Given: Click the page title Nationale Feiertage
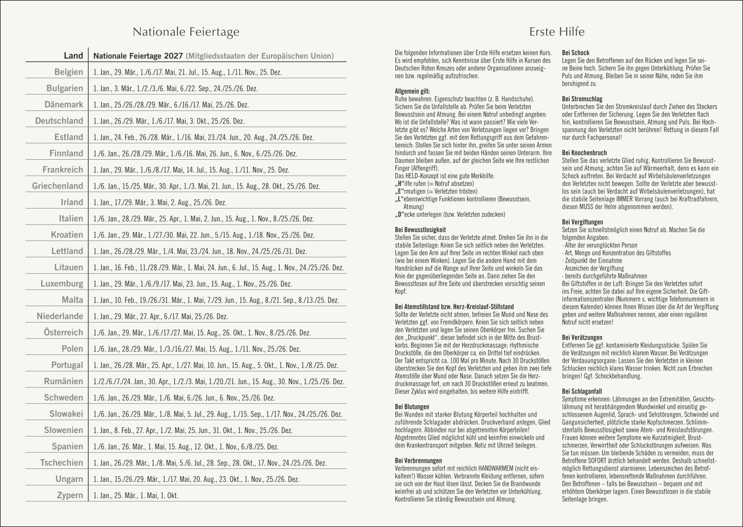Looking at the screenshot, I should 186,32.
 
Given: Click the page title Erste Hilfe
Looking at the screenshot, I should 557,32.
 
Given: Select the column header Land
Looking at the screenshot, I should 73,55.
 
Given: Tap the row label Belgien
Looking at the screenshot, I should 68,72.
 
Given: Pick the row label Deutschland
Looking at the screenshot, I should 59,121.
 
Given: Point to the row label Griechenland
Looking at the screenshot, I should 57,186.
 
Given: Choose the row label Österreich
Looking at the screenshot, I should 63,332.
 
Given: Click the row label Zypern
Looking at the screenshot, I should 69,495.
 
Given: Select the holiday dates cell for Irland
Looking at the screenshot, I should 160,202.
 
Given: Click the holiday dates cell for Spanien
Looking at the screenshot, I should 186,447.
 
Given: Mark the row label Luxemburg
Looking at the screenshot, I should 62,284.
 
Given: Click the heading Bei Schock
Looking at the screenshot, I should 575,53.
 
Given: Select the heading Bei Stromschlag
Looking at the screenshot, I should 582,99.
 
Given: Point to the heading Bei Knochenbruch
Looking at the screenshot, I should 585,153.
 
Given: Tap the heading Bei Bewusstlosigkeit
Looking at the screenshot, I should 420,230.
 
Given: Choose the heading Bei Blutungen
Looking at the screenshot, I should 412,407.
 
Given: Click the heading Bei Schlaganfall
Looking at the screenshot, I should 582,391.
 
